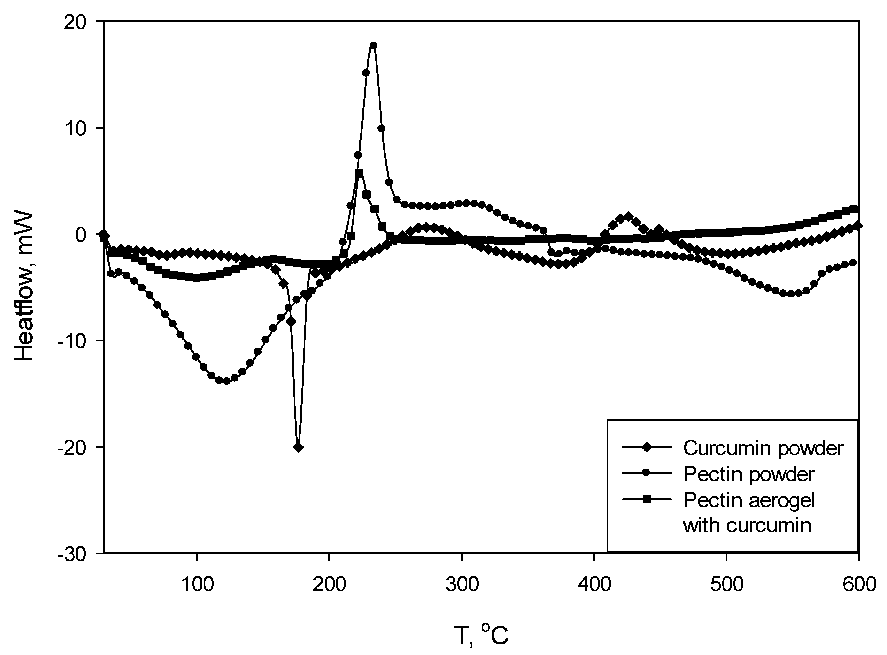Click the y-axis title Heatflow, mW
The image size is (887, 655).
25,286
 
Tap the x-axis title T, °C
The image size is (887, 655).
481,636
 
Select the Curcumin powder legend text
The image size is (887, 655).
763,448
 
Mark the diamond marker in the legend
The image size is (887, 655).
647,448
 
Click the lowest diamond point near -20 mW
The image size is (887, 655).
299,447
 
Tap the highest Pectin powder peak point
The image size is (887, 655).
373,45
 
